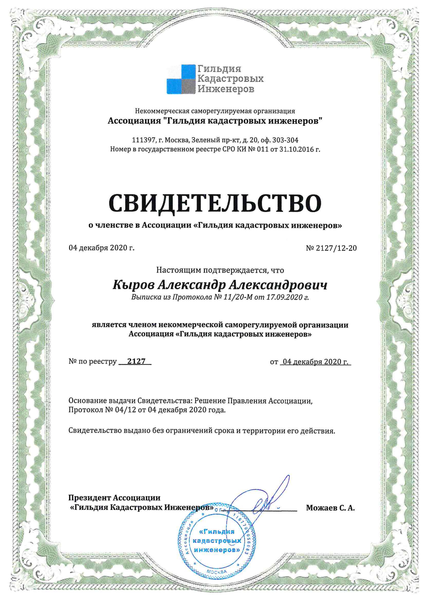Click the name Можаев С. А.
pos(330,508)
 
